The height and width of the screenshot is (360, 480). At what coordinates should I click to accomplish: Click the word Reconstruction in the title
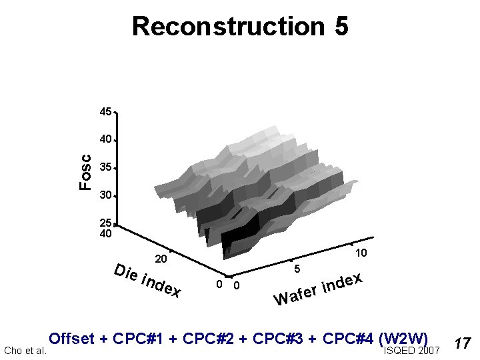[227, 27]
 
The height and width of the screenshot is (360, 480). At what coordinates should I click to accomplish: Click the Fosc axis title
[85, 172]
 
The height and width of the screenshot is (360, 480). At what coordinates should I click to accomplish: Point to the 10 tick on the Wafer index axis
[361, 253]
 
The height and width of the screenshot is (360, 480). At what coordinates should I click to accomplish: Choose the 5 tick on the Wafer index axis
[297, 269]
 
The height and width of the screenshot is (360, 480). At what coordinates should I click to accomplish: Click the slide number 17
[463, 343]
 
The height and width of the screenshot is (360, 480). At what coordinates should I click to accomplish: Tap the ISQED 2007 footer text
[412, 351]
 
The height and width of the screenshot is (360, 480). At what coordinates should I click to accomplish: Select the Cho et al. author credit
[25, 351]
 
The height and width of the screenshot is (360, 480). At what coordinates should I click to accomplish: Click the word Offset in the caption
[73, 338]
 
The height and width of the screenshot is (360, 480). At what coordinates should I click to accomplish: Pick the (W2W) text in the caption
[402, 338]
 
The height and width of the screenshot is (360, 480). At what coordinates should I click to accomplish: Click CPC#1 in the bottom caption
[139, 338]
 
